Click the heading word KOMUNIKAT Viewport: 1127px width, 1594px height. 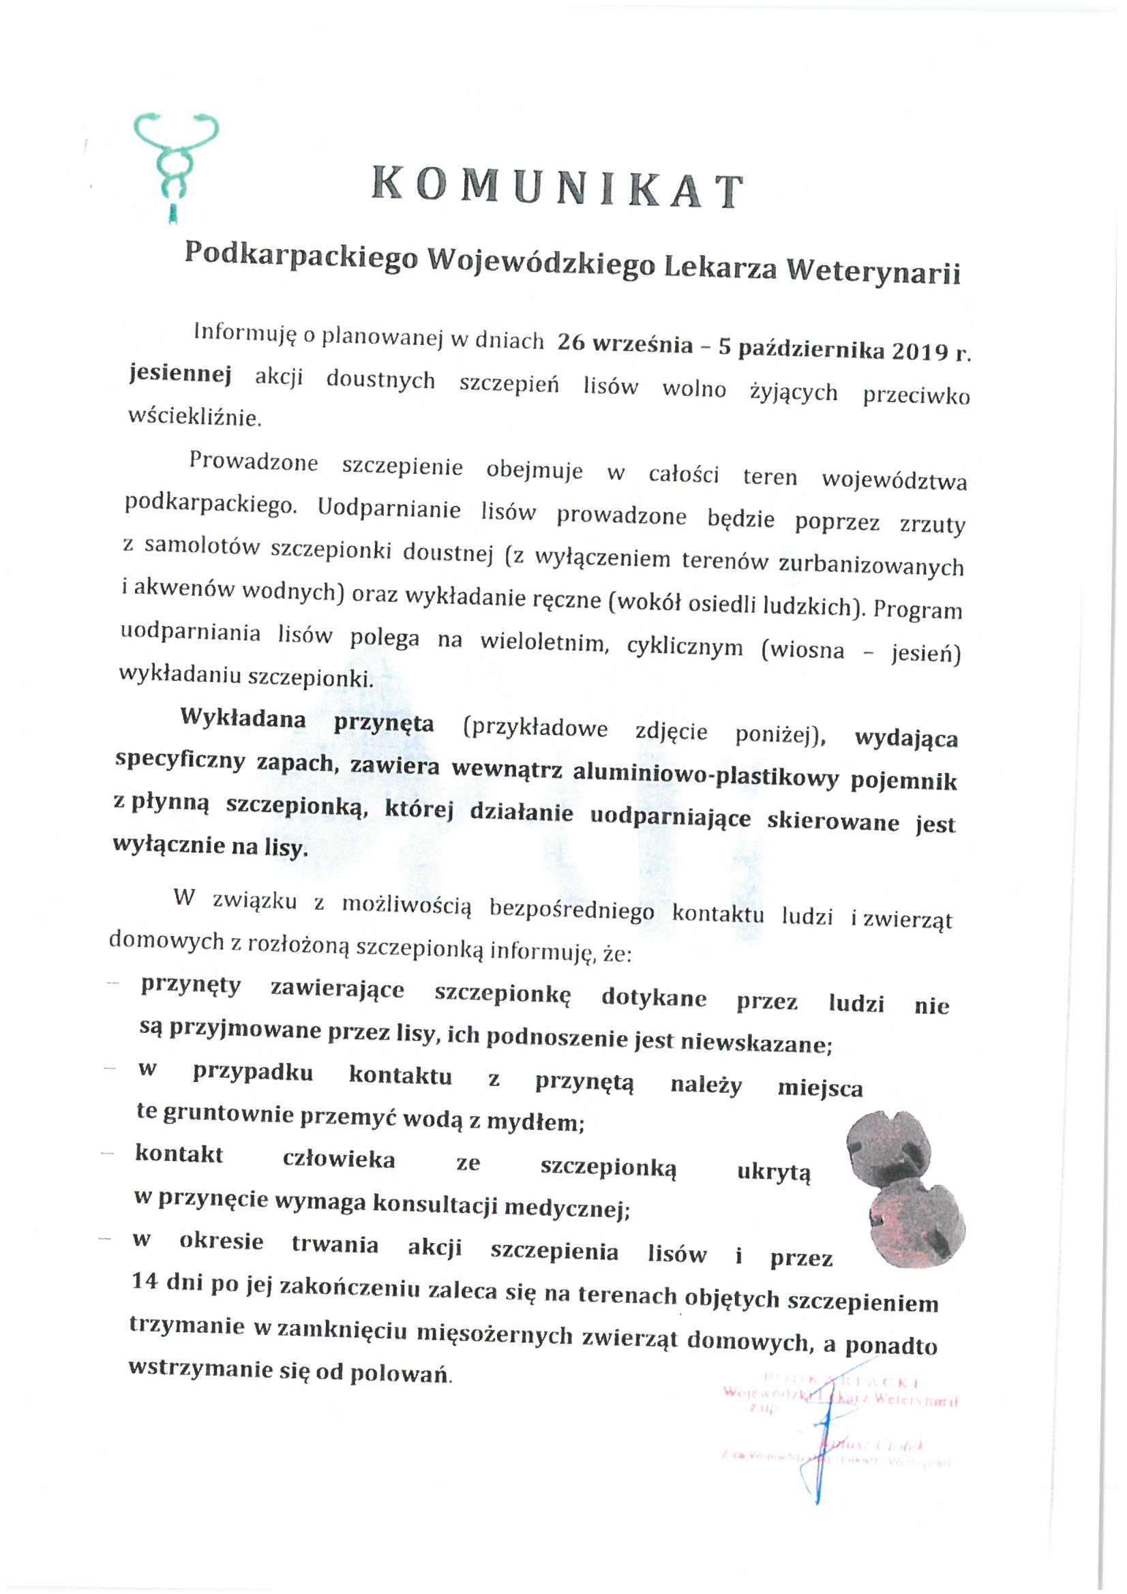(x=558, y=190)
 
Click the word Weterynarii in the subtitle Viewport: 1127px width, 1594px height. (x=873, y=271)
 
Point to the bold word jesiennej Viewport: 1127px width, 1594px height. (x=180, y=375)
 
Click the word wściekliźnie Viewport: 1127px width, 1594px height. (x=194, y=417)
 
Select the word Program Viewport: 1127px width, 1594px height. (x=917, y=609)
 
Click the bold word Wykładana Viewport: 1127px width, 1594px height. (x=243, y=719)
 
